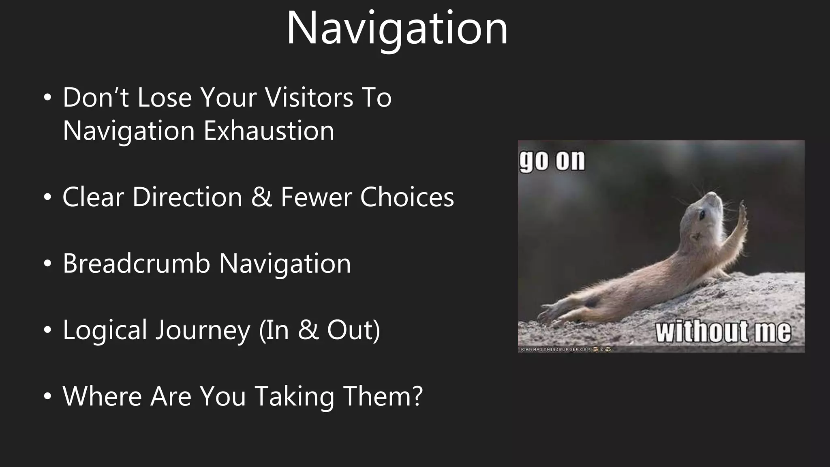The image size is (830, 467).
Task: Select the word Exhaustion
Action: click(269, 131)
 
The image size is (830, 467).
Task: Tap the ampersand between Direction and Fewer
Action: click(261, 197)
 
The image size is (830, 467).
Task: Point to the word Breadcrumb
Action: click(137, 263)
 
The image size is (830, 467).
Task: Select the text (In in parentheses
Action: click(274, 330)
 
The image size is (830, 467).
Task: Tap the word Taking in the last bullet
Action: click(294, 396)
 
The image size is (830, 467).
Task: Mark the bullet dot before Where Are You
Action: click(48, 397)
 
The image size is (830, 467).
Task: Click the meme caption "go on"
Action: click(552, 161)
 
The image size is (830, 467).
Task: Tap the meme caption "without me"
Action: click(723, 332)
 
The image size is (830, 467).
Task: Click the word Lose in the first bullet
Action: click(164, 98)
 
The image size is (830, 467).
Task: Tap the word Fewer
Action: click(316, 197)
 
